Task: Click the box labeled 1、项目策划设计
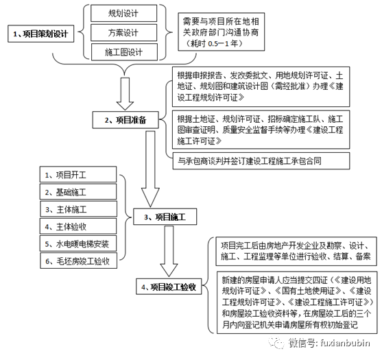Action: [40, 34]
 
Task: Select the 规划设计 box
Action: [123, 13]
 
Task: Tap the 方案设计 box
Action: [123, 32]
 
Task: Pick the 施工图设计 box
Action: [124, 52]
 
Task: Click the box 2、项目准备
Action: [126, 120]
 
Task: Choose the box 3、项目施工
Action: [165, 217]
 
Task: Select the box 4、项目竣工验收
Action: [169, 287]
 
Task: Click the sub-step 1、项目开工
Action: [78, 174]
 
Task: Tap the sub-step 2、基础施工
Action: [78, 192]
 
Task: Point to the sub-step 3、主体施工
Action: [78, 209]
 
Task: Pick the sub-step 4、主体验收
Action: [78, 226]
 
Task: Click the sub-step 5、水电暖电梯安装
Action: [78, 243]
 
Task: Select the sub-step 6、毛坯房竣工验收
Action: [78, 261]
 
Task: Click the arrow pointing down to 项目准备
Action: [125, 94]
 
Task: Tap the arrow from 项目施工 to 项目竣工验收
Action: [169, 252]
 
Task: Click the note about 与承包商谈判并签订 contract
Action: [261, 160]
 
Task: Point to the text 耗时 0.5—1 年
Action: [214, 44]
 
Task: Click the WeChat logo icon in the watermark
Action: [276, 343]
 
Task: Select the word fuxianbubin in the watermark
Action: [346, 343]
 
